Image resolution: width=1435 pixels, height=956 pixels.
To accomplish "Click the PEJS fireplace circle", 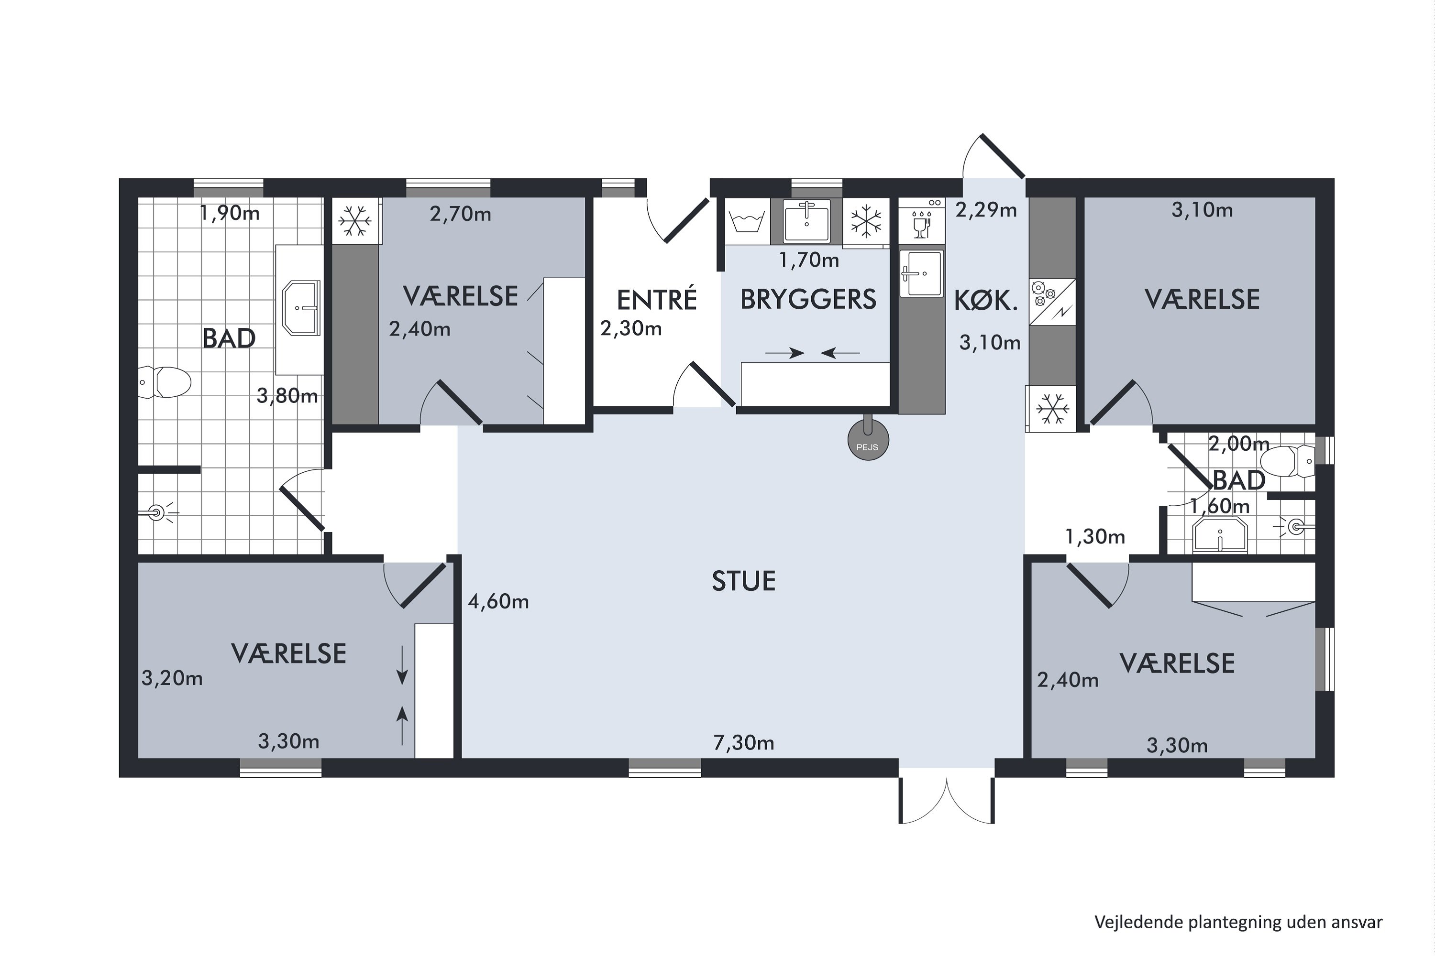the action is [x=868, y=440].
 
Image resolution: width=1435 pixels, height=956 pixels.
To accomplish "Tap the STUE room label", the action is [x=744, y=581].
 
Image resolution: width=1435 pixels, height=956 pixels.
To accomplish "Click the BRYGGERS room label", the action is [x=808, y=299].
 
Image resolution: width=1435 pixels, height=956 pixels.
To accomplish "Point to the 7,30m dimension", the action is [x=744, y=743].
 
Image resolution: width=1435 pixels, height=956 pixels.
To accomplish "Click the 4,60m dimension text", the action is [x=498, y=602].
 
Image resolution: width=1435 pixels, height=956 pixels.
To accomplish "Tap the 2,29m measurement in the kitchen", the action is [x=986, y=210].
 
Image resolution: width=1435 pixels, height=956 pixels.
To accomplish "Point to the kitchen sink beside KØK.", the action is [x=921, y=273].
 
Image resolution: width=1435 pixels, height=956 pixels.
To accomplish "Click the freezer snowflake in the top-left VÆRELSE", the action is [x=355, y=221].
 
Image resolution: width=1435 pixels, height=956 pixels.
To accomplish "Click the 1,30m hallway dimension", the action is [x=1095, y=536].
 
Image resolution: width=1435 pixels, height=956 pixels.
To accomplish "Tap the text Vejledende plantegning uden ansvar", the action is [x=1238, y=921].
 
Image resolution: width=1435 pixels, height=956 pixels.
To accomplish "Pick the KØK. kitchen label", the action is [x=986, y=301].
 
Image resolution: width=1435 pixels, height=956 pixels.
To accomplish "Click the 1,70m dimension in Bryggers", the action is [x=809, y=261].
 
